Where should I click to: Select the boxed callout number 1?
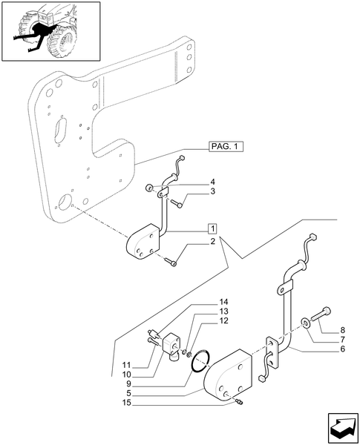tap(212, 228)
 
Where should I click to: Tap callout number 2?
tap(212, 242)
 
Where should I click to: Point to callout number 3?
tap(212, 191)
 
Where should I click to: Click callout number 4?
tap(212, 182)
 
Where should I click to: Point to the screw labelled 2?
tap(172, 260)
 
